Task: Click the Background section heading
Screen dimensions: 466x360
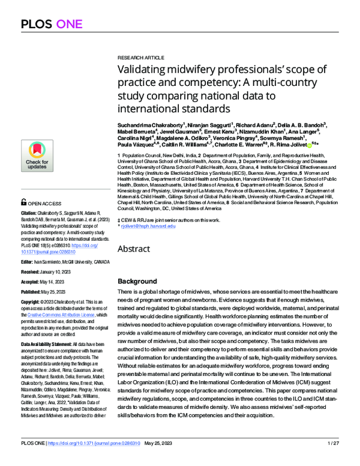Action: (137, 281)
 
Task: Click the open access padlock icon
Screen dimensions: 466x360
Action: (23, 203)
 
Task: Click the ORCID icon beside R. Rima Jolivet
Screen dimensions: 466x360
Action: (308, 144)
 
